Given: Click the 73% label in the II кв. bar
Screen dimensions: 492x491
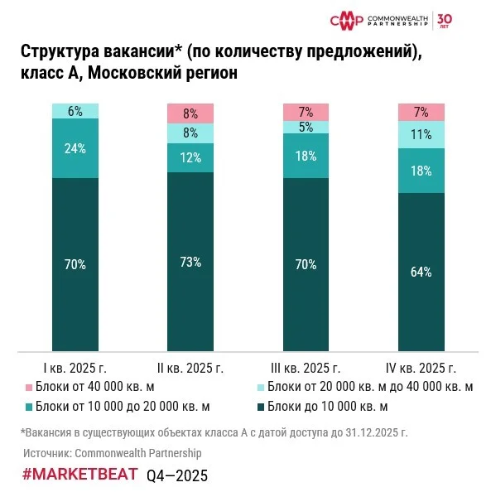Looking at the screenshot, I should click(x=191, y=262).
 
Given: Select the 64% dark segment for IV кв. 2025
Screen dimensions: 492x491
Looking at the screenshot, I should click(x=422, y=273).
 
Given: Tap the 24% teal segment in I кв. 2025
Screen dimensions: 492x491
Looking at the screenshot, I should click(x=75, y=148).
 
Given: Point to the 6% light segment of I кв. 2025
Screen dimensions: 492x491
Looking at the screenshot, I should click(x=75, y=111).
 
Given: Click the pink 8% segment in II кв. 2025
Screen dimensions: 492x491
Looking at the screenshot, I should click(x=191, y=113).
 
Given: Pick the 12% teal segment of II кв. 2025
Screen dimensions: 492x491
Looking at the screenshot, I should click(x=191, y=157).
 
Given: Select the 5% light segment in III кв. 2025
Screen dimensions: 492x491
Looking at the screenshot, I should click(x=306, y=128).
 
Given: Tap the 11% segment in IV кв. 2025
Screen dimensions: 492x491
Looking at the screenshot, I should click(x=422, y=135).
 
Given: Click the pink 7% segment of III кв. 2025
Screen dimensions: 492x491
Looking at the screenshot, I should click(x=306, y=112).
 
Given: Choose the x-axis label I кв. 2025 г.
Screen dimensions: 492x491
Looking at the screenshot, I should click(x=75, y=368).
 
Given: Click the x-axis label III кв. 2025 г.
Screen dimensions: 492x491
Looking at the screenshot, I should click(x=306, y=368).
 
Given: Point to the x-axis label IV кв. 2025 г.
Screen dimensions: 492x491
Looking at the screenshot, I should click(x=422, y=368).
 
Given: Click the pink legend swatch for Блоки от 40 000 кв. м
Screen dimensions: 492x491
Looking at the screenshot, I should click(x=29, y=387).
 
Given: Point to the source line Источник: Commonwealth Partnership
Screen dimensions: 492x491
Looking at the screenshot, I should click(x=112, y=453).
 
